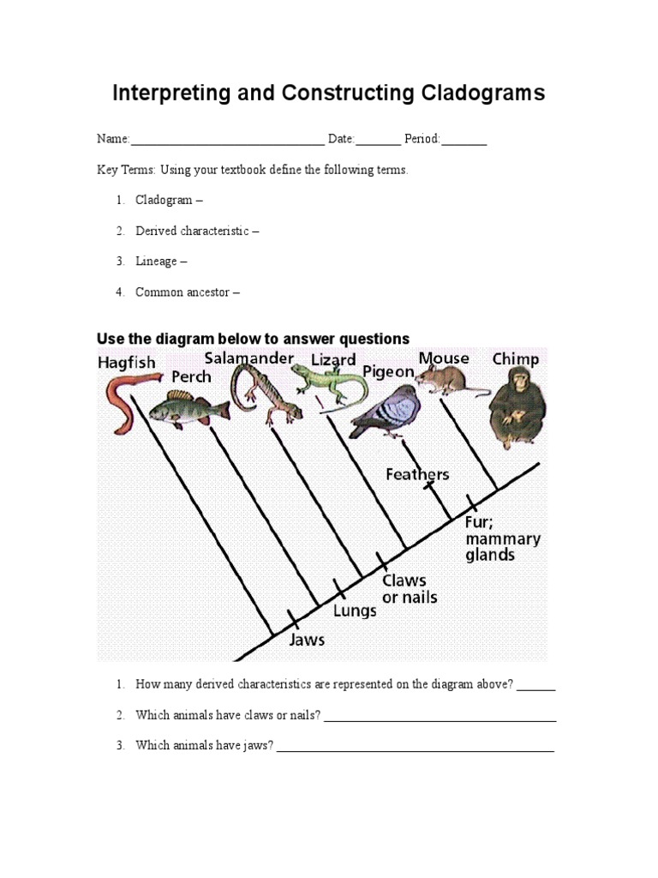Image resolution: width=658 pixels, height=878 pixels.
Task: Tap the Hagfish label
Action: tap(126, 363)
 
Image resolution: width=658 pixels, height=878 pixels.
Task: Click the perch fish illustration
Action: tap(188, 408)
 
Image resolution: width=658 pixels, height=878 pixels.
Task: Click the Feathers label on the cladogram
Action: tap(417, 474)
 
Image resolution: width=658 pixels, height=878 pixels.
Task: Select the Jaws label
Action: tap(307, 640)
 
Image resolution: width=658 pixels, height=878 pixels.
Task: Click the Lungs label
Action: tap(355, 611)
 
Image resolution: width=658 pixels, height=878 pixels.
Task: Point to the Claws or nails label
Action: tap(409, 589)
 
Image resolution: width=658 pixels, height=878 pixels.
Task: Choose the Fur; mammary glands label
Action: tap(502, 538)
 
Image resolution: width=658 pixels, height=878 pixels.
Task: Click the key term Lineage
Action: tap(156, 262)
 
